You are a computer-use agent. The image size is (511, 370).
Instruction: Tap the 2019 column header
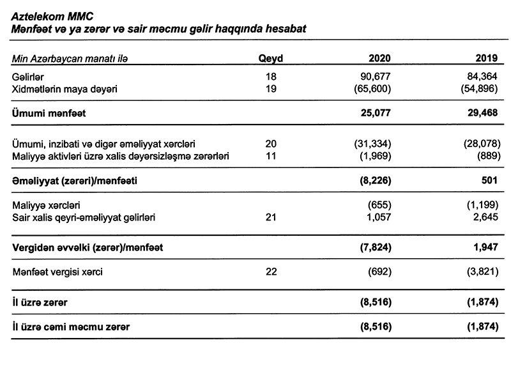(x=486, y=59)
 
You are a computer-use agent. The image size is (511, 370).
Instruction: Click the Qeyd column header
(x=270, y=59)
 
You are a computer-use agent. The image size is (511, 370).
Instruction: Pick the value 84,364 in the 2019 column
(x=480, y=77)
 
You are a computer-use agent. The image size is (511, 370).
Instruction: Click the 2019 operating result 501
(x=489, y=181)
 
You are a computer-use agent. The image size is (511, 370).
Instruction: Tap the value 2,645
(x=483, y=219)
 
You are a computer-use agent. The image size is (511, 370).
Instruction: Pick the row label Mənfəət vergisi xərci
(x=57, y=272)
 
